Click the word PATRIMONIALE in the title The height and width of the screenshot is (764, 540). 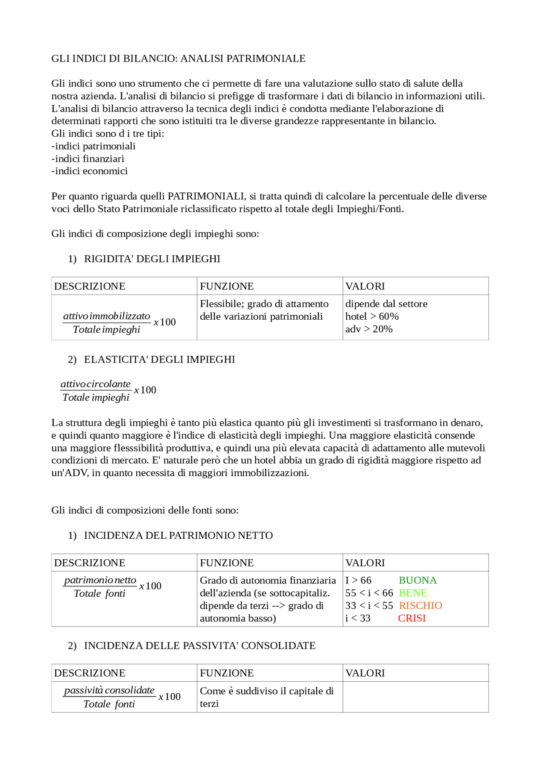click(x=266, y=59)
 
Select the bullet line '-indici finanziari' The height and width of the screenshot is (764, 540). click(x=88, y=159)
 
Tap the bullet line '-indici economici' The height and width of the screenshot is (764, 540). click(x=89, y=171)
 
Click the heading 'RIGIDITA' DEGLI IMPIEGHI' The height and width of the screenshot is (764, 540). click(x=152, y=259)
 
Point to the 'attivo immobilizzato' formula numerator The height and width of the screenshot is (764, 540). click(x=106, y=316)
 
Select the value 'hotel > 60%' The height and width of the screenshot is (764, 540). click(x=372, y=316)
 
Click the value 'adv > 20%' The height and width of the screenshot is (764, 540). click(x=369, y=329)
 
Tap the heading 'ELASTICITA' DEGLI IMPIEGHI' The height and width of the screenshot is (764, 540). click(x=159, y=359)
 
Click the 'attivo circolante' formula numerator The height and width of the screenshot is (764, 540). click(x=95, y=384)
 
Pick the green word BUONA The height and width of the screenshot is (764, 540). click(x=418, y=580)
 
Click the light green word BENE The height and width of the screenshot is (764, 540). click(x=413, y=593)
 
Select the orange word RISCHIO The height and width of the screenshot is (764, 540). click(x=420, y=606)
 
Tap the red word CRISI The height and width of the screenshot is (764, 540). click(x=412, y=618)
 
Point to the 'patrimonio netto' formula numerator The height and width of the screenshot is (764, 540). click(x=100, y=580)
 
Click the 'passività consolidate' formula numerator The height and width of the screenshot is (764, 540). click(x=109, y=690)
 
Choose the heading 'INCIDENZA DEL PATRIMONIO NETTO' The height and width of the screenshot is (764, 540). click(x=178, y=535)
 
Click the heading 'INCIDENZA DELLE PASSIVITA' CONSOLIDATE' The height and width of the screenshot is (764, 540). click(x=200, y=645)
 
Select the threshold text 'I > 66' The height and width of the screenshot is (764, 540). click(x=358, y=580)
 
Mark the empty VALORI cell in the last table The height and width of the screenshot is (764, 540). click(x=415, y=697)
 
